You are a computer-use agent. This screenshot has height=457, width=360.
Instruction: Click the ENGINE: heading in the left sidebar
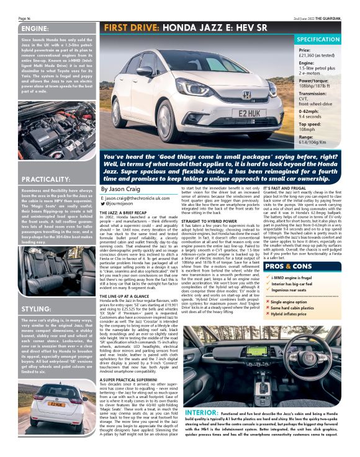tap(21, 29)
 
